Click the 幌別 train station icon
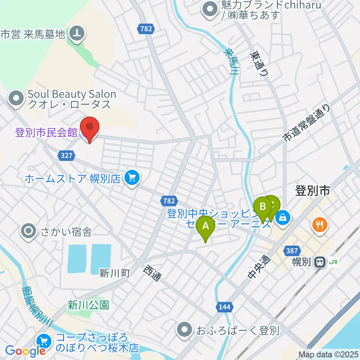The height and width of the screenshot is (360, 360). coord(320,262)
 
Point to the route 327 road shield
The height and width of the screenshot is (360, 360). coord(64,154)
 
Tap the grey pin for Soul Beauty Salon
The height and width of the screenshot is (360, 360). coord(16,99)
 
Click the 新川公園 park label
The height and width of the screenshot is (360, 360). coord(88,305)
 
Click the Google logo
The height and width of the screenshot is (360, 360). coord(25,351)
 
